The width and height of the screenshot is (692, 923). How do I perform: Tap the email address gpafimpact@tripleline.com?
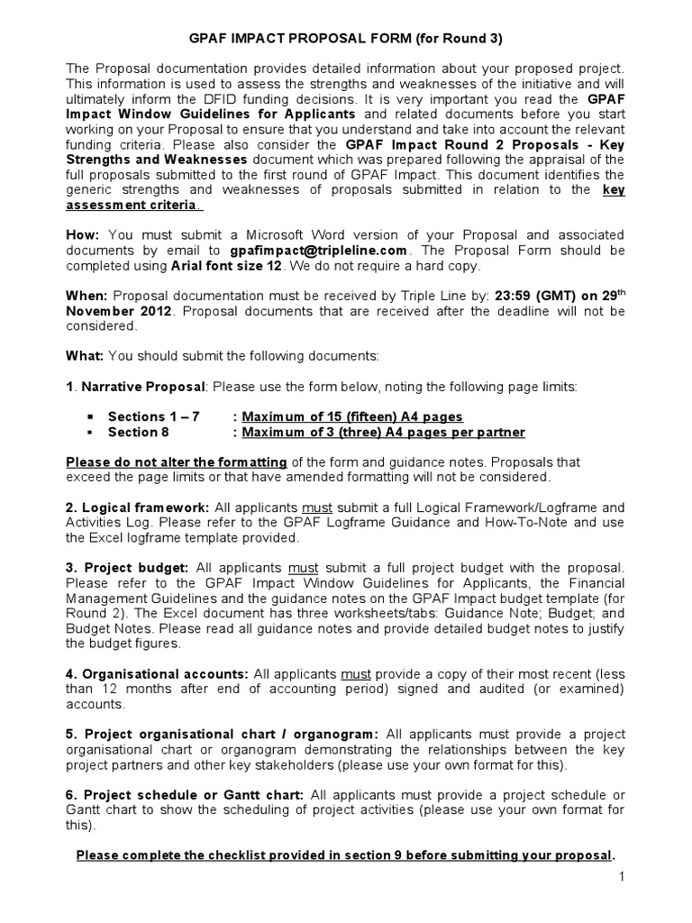pyautogui.click(x=319, y=251)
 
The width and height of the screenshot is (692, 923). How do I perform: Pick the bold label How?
pyautogui.click(x=84, y=235)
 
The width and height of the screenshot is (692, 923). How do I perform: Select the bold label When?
pyautogui.click(x=87, y=295)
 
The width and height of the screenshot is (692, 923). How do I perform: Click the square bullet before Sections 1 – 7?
pyautogui.click(x=90, y=417)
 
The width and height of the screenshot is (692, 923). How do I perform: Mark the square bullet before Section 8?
pyautogui.click(x=90, y=433)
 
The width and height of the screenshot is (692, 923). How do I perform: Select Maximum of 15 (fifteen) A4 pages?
pyautogui.click(x=352, y=416)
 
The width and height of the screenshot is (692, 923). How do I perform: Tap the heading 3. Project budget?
pyautogui.click(x=127, y=568)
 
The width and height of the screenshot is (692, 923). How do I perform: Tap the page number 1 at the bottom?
pyautogui.click(x=621, y=875)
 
